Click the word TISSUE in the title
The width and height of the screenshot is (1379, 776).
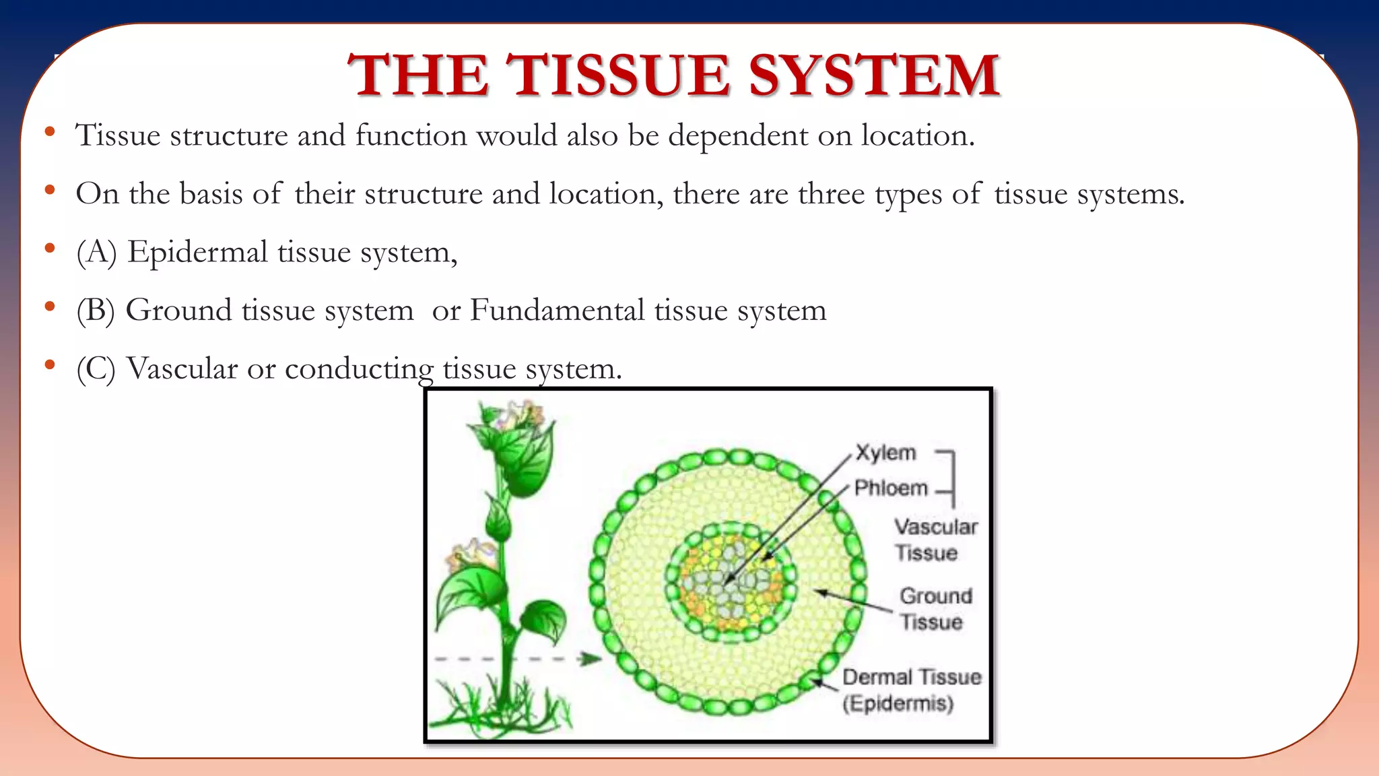618,75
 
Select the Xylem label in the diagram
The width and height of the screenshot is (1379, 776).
885,453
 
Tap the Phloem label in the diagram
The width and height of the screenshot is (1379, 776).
891,488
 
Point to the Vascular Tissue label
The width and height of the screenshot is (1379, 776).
935,540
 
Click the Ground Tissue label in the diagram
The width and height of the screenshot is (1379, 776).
935,608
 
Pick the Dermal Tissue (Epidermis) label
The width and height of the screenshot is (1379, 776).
911,690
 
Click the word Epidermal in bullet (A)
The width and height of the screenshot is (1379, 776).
198,252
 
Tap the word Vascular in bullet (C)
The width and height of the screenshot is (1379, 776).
182,368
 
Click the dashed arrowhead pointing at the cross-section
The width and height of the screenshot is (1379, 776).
592,659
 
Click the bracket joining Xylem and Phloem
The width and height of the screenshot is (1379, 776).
951,477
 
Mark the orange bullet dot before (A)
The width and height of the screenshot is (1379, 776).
49,249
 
